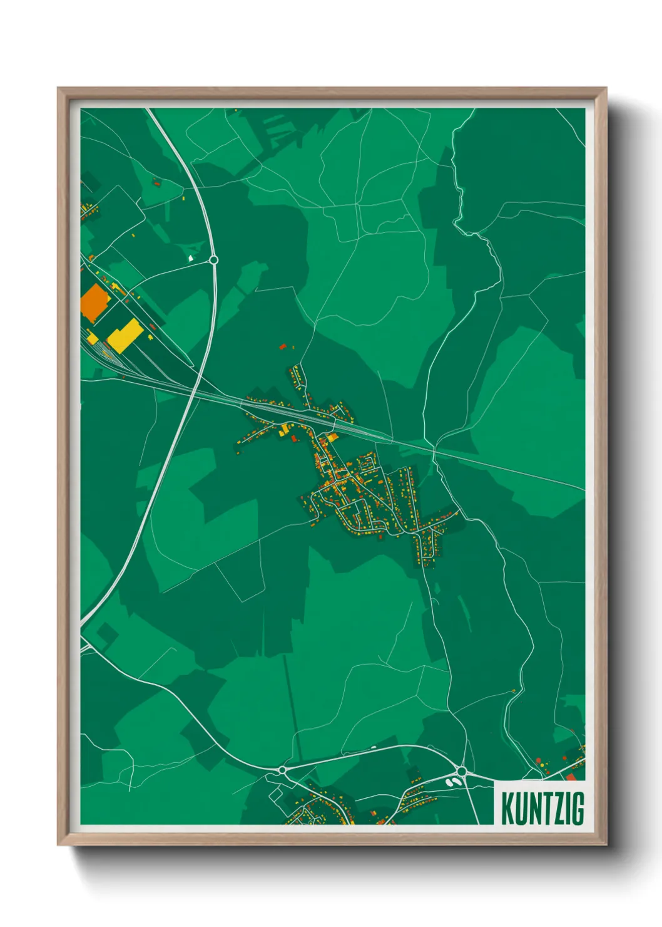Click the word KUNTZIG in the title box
tap(542, 809)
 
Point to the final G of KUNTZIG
tap(578, 809)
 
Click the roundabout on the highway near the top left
tap(213, 259)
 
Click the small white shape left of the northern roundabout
tap(191, 257)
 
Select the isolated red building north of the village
tap(282, 346)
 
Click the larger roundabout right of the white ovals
tap(462, 771)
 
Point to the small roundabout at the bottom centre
tap(283, 769)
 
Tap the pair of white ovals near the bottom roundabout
tap(451, 782)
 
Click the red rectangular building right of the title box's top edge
tap(570, 777)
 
